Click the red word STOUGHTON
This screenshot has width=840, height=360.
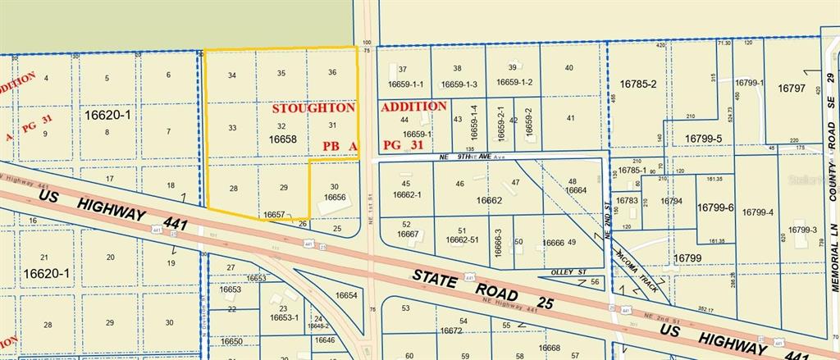313,108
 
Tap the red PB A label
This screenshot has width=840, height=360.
338,146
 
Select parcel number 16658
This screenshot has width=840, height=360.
282,140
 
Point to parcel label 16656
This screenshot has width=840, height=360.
334,198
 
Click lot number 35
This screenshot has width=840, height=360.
281,74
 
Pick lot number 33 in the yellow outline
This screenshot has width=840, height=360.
232,128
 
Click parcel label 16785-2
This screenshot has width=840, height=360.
638,84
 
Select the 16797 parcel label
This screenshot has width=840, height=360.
792,88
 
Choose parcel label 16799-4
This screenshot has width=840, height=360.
757,212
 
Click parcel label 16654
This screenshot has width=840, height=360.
346,296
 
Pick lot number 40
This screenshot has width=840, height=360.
569,68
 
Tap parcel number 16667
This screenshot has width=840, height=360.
408,235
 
